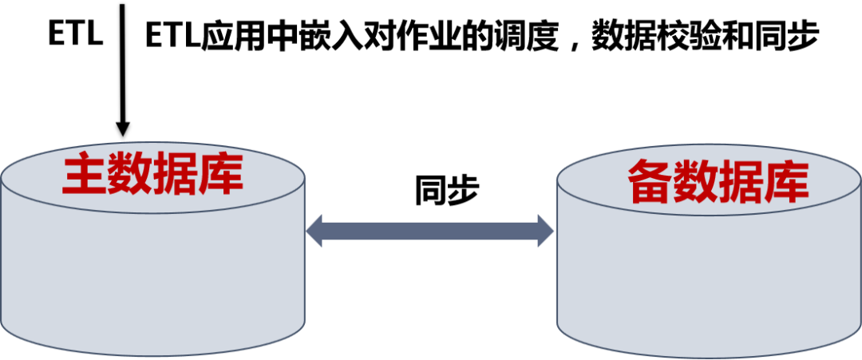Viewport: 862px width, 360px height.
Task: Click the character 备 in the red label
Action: (x=650, y=183)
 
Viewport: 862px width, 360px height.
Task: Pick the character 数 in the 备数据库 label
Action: (x=696, y=183)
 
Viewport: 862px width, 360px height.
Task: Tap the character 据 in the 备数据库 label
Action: (x=741, y=183)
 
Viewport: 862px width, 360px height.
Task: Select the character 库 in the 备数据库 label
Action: (x=787, y=183)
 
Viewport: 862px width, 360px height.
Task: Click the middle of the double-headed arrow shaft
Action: (x=430, y=231)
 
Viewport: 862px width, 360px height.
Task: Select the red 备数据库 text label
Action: (x=718, y=183)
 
